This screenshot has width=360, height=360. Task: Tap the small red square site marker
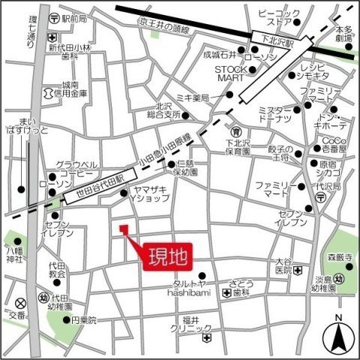(124, 228)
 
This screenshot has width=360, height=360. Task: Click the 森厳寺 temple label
(338, 257)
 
